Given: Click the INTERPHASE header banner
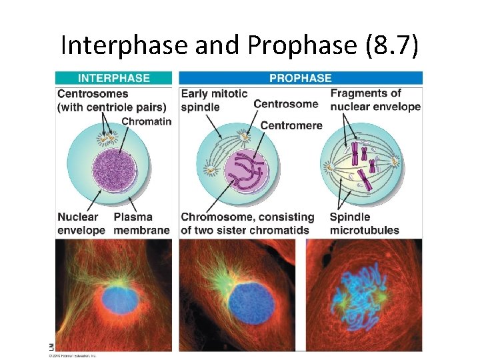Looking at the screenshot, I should (113, 78).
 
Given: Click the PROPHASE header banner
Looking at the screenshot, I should (300, 78).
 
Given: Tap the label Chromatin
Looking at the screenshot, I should (146, 121).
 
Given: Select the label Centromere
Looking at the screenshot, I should (291, 125).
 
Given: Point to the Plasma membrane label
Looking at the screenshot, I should (142, 223).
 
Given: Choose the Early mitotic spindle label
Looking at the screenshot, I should (214, 100).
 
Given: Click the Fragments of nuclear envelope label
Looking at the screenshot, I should (375, 100).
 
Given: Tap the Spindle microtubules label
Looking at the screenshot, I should (364, 223).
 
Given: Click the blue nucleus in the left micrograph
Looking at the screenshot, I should (121, 299).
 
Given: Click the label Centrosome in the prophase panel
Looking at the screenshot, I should (286, 104).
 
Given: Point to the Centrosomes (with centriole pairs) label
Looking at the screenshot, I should (93, 100).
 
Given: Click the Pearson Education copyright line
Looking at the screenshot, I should (73, 355).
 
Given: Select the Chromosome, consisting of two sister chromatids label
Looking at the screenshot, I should (247, 223).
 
